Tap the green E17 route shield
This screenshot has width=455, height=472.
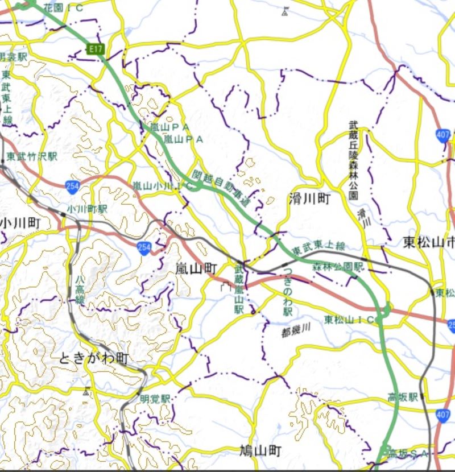tap(96, 49)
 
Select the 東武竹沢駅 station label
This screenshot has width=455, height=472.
tap(32, 156)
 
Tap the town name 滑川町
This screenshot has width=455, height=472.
tap(309, 198)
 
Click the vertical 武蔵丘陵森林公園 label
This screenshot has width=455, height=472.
tap(353, 160)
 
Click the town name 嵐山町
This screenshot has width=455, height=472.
tap(196, 267)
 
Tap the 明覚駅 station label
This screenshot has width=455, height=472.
tap(155, 398)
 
